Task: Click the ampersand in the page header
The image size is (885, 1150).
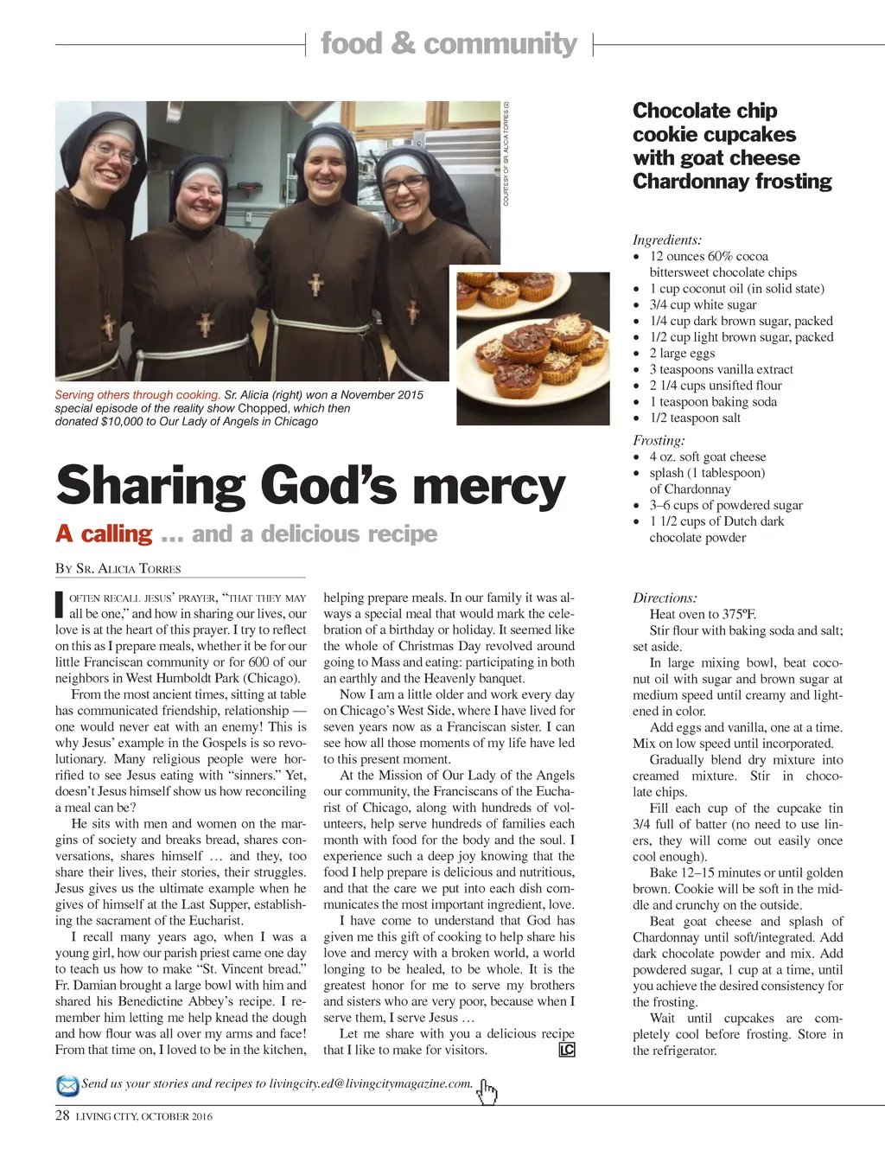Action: (x=403, y=43)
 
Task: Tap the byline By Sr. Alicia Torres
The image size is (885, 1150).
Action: (x=118, y=568)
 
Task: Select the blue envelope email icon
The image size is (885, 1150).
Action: (x=67, y=1085)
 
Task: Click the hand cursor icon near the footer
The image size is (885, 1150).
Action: (x=487, y=1092)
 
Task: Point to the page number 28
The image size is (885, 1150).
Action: (x=62, y=1115)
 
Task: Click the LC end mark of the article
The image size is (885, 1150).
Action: (x=567, y=1050)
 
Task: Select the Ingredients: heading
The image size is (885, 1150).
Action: (x=667, y=240)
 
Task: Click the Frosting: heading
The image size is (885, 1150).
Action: (x=659, y=440)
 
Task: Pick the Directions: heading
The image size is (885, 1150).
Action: (x=665, y=597)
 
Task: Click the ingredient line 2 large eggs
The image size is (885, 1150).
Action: (x=682, y=353)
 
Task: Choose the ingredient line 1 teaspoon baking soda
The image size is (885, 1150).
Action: (x=713, y=401)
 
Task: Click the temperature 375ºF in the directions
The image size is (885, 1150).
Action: (x=739, y=614)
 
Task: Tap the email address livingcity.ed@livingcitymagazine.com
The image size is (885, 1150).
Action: (x=371, y=1083)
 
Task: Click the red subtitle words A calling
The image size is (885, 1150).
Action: (x=104, y=533)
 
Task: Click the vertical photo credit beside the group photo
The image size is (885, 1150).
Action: (x=506, y=154)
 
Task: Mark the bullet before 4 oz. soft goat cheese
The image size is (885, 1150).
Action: (x=637, y=457)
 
